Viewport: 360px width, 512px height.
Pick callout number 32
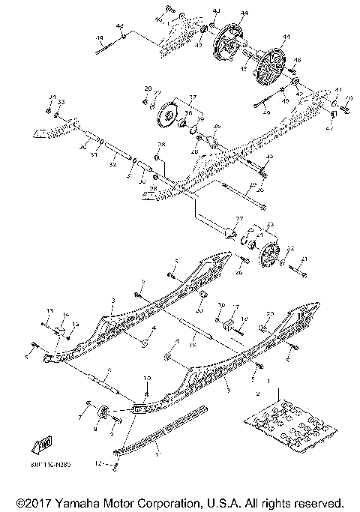tap(113, 163)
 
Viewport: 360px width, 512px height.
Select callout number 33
tap(61, 101)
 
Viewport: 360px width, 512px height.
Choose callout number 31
tap(93, 155)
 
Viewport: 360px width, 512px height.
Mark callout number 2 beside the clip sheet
tap(259, 393)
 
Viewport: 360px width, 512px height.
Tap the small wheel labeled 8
tap(105, 410)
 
